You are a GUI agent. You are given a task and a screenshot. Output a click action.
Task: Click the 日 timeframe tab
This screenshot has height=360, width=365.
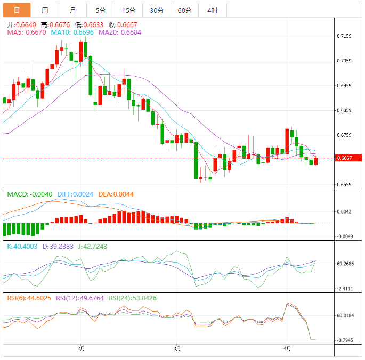click(x=17, y=10)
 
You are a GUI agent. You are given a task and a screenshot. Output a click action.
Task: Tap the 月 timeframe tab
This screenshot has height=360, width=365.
click(x=72, y=10)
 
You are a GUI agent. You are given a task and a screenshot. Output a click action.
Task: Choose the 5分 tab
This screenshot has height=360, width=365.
click(x=100, y=10)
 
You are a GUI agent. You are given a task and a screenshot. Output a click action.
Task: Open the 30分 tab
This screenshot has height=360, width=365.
click(x=157, y=10)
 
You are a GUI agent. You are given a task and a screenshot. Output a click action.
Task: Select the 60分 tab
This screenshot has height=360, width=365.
click(x=184, y=10)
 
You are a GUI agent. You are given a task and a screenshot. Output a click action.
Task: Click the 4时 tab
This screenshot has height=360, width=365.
click(x=212, y=10)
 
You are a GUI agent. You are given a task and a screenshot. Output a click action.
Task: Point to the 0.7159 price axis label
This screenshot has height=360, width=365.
click(x=344, y=36)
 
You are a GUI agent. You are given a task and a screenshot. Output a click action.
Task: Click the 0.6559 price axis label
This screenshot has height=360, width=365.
click(x=344, y=185)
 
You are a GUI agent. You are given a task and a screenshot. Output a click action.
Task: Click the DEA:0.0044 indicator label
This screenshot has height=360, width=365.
click(x=112, y=194)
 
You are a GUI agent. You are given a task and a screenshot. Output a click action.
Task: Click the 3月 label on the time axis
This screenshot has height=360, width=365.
click(x=177, y=349)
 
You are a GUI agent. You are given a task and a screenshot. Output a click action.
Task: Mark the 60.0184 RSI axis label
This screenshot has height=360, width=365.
click(x=345, y=316)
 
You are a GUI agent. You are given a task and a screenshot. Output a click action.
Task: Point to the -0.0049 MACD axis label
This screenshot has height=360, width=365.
click(x=345, y=236)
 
